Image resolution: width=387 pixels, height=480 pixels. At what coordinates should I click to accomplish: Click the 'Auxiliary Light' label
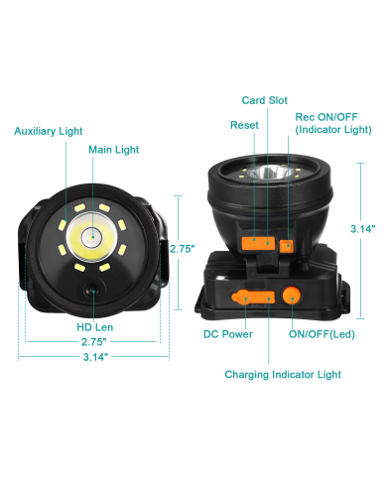coord(48,130)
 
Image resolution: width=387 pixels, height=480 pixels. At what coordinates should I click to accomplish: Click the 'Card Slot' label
coord(265,100)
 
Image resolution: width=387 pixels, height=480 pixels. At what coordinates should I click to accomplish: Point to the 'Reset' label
coord(244,126)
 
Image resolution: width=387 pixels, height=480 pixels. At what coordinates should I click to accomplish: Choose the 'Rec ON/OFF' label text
coord(319,116)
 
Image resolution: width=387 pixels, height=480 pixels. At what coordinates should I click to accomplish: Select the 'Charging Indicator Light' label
coord(283,374)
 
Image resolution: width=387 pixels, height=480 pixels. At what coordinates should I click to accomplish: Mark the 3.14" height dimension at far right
coord(363,228)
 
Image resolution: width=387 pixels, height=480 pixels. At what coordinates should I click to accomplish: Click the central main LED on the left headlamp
coord(91,236)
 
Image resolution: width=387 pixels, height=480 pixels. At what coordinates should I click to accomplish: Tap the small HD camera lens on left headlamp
coord(91,290)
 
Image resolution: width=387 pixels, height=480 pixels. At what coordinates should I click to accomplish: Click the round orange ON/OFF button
coord(293,295)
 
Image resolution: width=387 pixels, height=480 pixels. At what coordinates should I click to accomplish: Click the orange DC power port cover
coord(244,296)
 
